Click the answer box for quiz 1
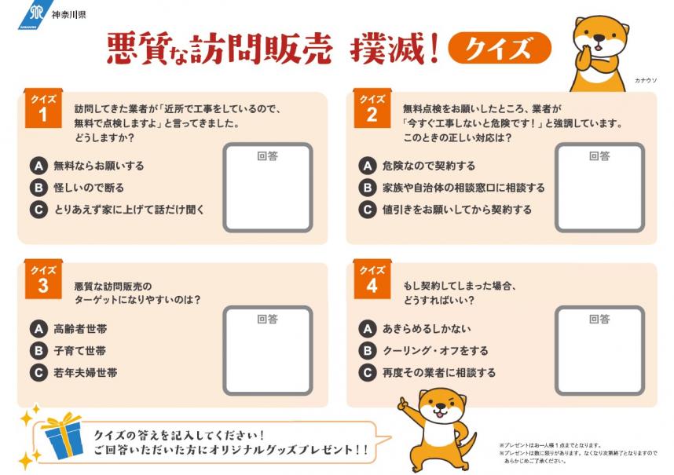[x=268, y=188]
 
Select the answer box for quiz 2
[x=599, y=188]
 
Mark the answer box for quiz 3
[x=268, y=351]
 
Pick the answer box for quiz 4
[x=599, y=351]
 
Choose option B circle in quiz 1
[x=38, y=188]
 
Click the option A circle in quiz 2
[x=367, y=166]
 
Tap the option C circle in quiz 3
[x=38, y=373]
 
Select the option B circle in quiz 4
[x=367, y=351]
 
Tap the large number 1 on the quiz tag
[x=42, y=115]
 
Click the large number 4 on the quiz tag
[x=371, y=286]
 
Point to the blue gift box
[x=62, y=438]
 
